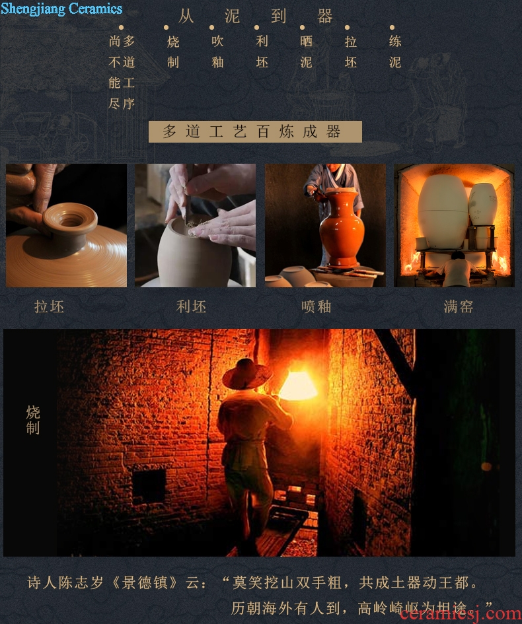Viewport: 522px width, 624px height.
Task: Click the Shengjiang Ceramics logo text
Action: coord(61,9)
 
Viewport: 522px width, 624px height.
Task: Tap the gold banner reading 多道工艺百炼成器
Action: coord(255,131)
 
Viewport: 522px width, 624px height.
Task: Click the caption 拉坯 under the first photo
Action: coord(49,307)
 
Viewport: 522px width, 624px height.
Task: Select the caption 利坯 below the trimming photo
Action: coord(191,307)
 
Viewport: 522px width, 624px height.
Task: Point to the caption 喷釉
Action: coord(316,307)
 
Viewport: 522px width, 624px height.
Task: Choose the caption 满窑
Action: coord(459,307)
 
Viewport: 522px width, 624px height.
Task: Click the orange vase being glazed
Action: coord(341,227)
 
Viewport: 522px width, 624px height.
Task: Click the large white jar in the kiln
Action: coord(442,212)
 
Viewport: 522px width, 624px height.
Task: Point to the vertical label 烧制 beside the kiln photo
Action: coord(33,420)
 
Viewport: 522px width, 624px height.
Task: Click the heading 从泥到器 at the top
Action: coord(255,17)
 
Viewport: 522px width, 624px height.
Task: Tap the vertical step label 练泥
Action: coord(395,52)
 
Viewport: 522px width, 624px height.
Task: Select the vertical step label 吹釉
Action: coord(217,52)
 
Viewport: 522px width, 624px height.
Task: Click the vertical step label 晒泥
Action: coord(306,52)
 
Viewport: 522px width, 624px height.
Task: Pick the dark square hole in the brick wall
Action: coord(149,486)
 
